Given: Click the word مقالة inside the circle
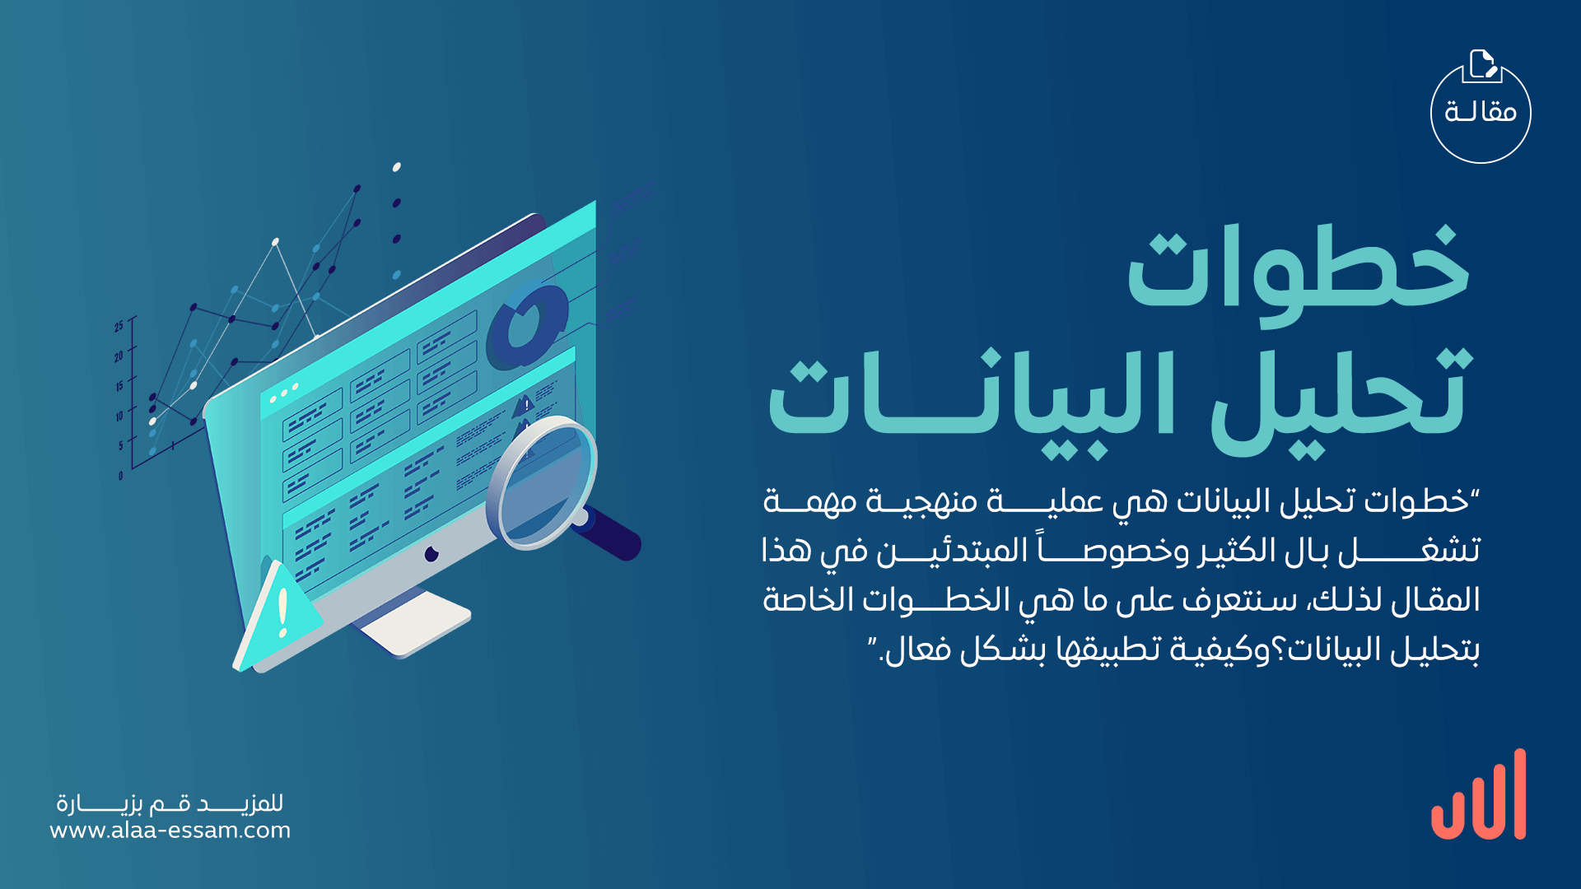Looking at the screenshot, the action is coord(1481,111).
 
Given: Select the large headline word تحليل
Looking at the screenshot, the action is coord(1339,399).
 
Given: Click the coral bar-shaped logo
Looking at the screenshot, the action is coord(1479,794).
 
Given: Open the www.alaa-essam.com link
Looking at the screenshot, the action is coord(170,830).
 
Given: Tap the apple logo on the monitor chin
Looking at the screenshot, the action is coord(431,554).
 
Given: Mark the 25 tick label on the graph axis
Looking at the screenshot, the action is coord(119,327).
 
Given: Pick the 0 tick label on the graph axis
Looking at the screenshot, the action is coord(120,476).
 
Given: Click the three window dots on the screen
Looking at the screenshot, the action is coord(284,393).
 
